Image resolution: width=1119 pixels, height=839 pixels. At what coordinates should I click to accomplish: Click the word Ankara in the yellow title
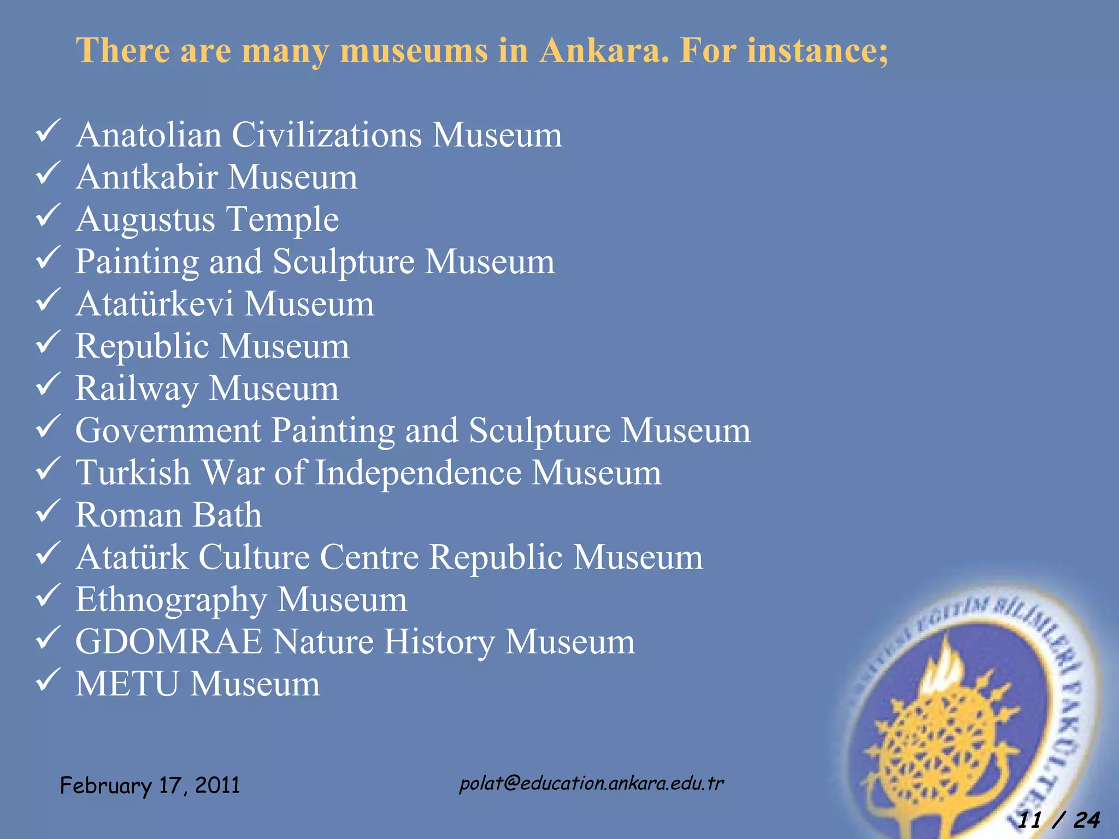pyautogui.click(x=599, y=50)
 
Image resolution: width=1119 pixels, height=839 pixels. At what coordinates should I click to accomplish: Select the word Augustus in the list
pyautogui.click(x=145, y=220)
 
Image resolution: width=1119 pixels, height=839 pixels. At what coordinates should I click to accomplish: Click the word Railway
pyautogui.click(x=137, y=389)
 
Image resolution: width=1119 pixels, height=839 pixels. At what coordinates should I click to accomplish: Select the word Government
pyautogui.click(x=168, y=430)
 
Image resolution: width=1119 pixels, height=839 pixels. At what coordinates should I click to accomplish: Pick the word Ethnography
pyautogui.click(x=171, y=600)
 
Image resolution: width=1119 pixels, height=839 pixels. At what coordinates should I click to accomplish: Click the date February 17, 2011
pyautogui.click(x=150, y=785)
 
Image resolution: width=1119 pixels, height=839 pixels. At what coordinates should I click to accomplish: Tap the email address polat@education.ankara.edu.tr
pyautogui.click(x=591, y=783)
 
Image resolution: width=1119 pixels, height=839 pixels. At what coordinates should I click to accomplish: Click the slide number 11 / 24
pyautogui.click(x=1058, y=820)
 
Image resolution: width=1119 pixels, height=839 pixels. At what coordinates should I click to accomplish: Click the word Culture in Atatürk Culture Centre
pyautogui.click(x=254, y=557)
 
